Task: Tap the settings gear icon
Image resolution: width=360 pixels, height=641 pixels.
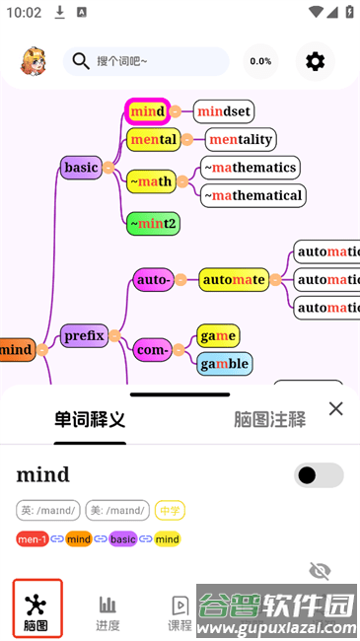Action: (315, 61)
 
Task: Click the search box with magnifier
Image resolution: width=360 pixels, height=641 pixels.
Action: (146, 61)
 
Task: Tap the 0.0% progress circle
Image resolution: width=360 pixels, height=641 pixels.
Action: (260, 61)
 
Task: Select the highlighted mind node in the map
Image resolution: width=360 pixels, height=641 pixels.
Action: (147, 111)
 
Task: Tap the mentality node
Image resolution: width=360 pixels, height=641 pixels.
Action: (241, 139)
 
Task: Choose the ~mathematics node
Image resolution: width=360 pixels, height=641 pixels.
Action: (250, 167)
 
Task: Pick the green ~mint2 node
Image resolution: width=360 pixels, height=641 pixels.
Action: (153, 223)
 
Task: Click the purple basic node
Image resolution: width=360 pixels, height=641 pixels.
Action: (81, 168)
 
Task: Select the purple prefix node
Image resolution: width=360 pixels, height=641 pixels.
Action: (84, 335)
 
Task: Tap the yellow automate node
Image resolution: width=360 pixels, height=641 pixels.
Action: (233, 279)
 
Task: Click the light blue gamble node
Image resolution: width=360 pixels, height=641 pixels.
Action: (223, 363)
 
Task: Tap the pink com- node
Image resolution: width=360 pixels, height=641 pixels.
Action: (152, 349)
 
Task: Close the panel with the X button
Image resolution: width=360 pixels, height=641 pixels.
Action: (335, 408)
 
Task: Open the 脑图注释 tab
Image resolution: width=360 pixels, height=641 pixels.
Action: (269, 419)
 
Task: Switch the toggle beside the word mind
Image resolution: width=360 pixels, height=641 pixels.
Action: (319, 475)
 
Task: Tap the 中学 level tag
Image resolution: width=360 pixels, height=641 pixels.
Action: (170, 511)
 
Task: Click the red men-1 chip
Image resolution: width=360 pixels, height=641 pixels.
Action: (33, 539)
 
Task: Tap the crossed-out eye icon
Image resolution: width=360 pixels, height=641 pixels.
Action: (320, 571)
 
